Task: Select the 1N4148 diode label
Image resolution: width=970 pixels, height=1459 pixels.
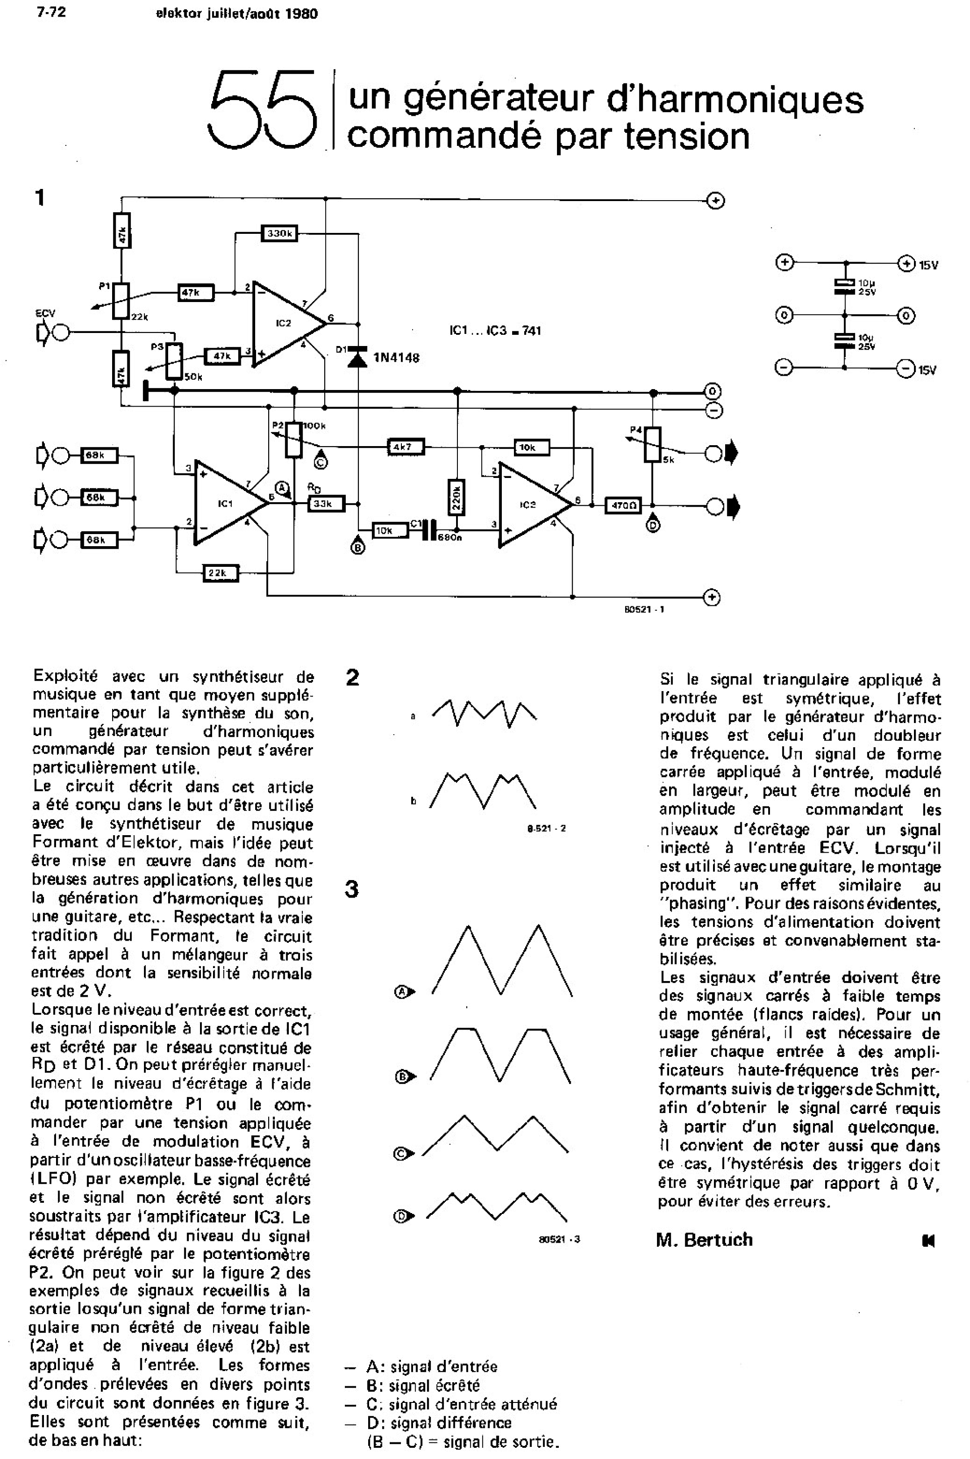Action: pyautogui.click(x=396, y=358)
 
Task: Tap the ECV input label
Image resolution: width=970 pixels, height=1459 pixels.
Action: pyautogui.click(x=45, y=314)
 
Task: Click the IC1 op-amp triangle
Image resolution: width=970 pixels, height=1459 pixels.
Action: pyautogui.click(x=226, y=503)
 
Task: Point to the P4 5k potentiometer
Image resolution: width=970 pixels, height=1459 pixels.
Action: pyautogui.click(x=652, y=444)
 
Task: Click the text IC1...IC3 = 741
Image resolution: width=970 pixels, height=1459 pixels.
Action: pyautogui.click(x=495, y=331)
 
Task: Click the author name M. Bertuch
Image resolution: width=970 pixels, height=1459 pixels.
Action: pyautogui.click(x=705, y=1240)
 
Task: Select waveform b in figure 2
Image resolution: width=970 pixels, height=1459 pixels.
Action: pyautogui.click(x=483, y=790)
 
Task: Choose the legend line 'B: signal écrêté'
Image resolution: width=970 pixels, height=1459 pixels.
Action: pyautogui.click(x=423, y=1385)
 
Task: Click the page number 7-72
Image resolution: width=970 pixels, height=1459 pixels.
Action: pyautogui.click(x=51, y=13)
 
